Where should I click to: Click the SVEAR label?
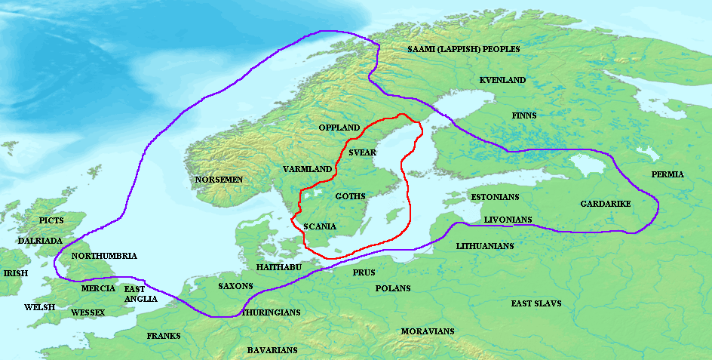point(362,152)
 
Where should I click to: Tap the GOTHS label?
point(350,196)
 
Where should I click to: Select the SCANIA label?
point(319,226)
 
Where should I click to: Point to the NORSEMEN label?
point(219,180)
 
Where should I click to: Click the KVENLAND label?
point(502,80)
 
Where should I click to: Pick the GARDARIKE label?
point(606,205)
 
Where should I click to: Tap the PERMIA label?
point(667,174)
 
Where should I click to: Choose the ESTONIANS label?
point(495,197)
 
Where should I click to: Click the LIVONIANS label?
point(508,220)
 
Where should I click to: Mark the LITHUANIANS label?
point(485,246)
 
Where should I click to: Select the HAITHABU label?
point(278,267)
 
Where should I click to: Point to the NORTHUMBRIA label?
point(104,256)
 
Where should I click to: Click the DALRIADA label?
point(40,240)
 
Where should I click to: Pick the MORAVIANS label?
point(428,331)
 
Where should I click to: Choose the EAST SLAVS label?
point(536,303)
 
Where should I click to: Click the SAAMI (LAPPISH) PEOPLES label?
point(463,49)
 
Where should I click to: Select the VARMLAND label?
point(307,169)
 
